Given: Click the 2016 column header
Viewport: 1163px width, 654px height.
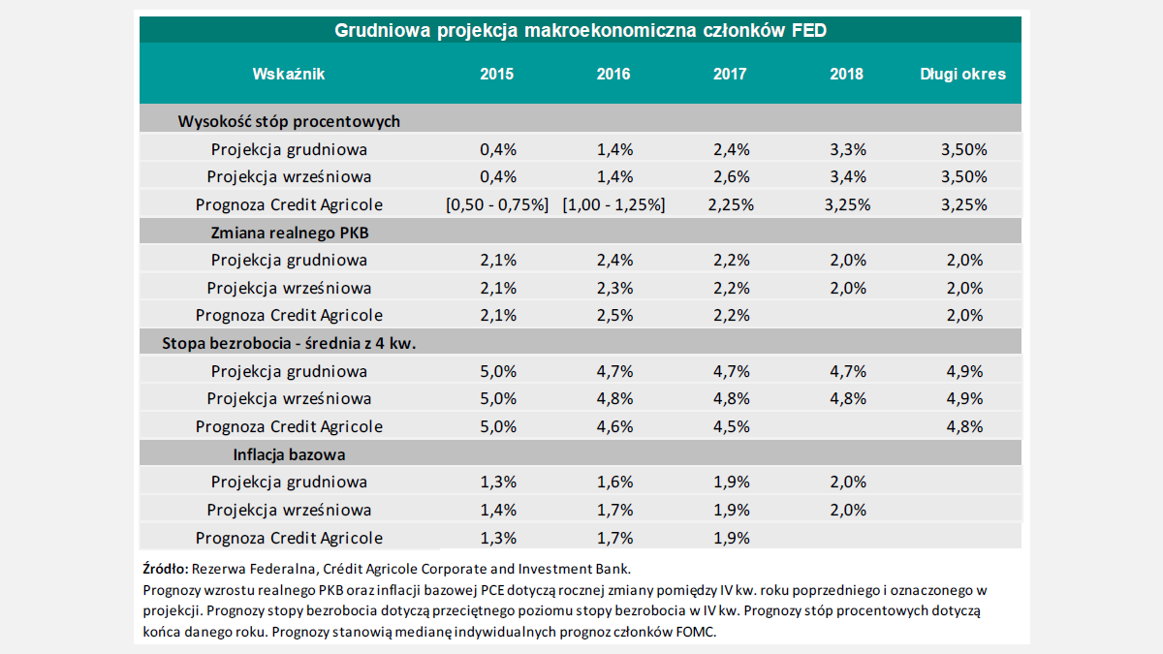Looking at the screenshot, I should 613,75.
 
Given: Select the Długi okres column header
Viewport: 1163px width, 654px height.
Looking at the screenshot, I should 962,75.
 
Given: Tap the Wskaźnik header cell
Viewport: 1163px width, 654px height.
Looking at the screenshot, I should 289,75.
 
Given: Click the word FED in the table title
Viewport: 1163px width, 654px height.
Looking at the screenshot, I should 807,31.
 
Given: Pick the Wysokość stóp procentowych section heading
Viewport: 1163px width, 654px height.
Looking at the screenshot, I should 289,122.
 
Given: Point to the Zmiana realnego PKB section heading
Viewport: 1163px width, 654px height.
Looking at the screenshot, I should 289,233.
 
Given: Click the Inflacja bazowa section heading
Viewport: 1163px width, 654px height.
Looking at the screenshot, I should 289,454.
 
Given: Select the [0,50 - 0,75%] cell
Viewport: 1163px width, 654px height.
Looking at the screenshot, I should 497,205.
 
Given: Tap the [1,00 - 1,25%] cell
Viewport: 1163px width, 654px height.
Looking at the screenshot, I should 613,205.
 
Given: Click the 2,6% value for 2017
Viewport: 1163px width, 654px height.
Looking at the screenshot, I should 730,177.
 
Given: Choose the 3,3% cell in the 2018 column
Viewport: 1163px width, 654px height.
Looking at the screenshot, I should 846,150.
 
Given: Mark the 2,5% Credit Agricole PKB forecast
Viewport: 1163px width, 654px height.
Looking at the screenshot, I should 613,316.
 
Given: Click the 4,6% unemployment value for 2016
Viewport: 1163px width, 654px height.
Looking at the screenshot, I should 613,427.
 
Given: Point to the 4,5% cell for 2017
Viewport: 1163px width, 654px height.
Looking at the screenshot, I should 730,427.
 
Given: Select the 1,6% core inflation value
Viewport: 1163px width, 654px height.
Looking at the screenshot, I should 613,483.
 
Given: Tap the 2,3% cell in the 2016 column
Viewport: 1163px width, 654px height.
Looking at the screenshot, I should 613,289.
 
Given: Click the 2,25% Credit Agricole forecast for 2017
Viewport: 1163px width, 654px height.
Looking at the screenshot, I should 730,205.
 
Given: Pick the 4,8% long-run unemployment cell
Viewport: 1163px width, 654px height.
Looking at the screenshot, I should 962,427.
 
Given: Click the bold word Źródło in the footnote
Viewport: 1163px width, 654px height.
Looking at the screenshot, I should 164,569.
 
